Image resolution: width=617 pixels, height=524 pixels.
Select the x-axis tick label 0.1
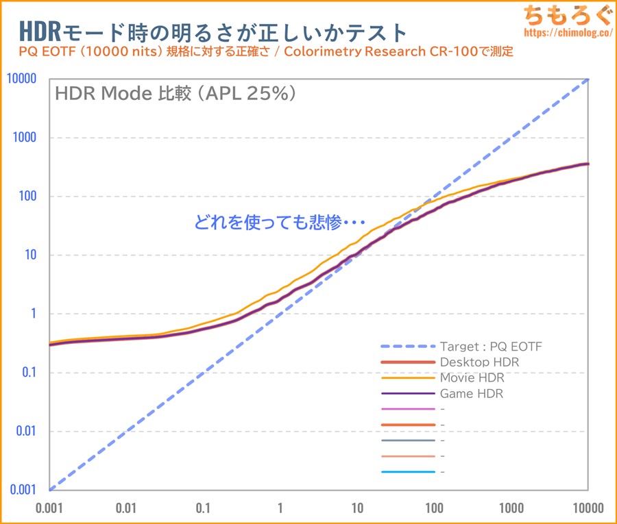203,508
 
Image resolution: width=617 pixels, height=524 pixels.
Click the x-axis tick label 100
433,508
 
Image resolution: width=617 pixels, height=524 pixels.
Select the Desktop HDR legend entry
479,362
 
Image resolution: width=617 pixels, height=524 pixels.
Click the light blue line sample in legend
408,472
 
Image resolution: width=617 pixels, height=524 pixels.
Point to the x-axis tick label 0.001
49,508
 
